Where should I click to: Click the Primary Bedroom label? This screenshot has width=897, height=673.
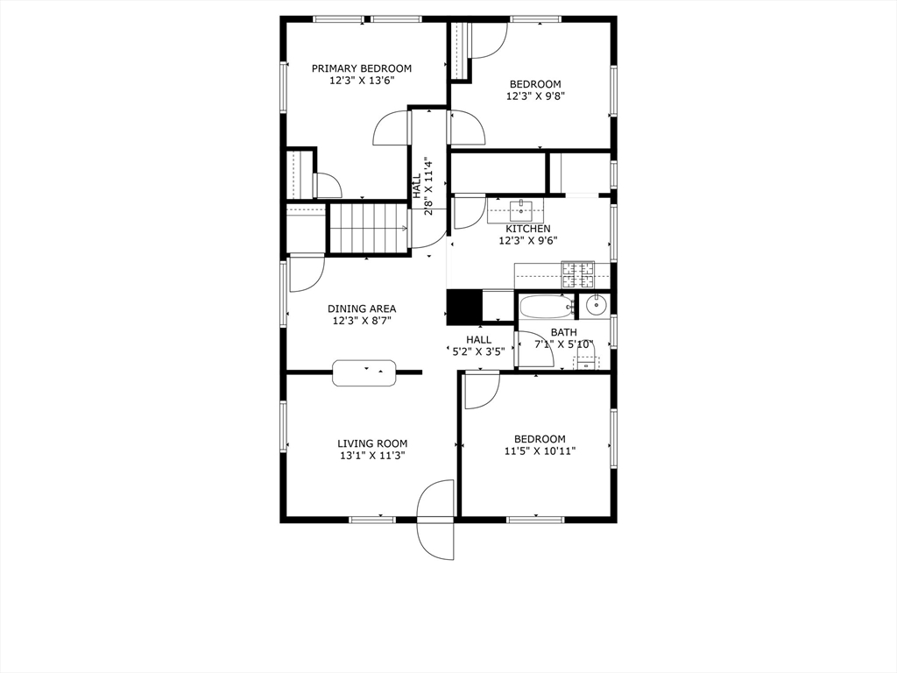(x=362, y=68)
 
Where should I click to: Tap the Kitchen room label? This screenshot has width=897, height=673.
(x=527, y=229)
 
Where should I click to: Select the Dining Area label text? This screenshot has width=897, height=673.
(x=362, y=308)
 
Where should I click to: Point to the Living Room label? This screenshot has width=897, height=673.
(x=372, y=443)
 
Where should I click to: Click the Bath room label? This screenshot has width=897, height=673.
(x=563, y=332)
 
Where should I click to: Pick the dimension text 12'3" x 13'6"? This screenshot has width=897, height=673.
(x=362, y=81)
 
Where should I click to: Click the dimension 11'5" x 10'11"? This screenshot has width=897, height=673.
(x=540, y=451)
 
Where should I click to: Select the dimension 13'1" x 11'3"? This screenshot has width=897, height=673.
(x=372, y=456)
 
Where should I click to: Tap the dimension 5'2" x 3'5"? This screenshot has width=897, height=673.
(x=478, y=352)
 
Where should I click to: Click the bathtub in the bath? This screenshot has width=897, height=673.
(x=546, y=307)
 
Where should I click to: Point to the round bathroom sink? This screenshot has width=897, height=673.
(x=596, y=305)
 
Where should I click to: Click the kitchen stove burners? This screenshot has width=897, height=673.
(x=576, y=275)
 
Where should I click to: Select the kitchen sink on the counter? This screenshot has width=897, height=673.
(x=522, y=209)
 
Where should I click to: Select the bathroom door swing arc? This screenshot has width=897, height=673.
(x=531, y=350)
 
